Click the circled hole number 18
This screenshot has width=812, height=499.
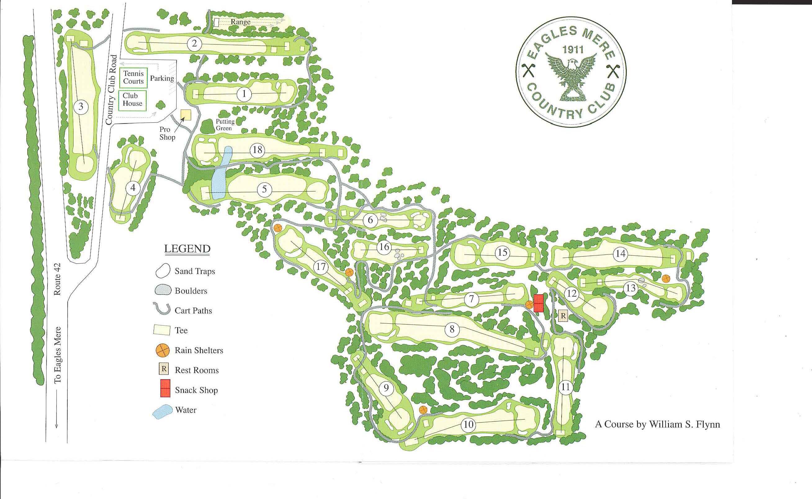[257, 150]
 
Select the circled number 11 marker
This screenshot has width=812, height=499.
[566, 387]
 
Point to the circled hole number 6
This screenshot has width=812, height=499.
[370, 220]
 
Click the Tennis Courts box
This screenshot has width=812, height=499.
[133, 78]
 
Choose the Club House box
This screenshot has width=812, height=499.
[132, 100]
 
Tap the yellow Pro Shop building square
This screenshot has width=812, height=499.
[186, 115]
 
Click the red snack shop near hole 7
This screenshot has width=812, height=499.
[538, 303]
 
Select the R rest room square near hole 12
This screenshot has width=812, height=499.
[563, 316]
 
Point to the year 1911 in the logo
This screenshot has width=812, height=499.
[573, 50]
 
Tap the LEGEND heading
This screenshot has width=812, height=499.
[187, 249]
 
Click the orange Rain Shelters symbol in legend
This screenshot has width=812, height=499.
[162, 350]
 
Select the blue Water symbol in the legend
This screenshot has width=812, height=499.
[163, 411]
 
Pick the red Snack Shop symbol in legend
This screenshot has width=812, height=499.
[165, 388]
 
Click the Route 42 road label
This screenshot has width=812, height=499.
[57, 279]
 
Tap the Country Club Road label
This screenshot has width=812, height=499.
[111, 90]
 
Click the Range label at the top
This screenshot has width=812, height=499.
[240, 22]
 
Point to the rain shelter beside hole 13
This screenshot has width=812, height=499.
[666, 279]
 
